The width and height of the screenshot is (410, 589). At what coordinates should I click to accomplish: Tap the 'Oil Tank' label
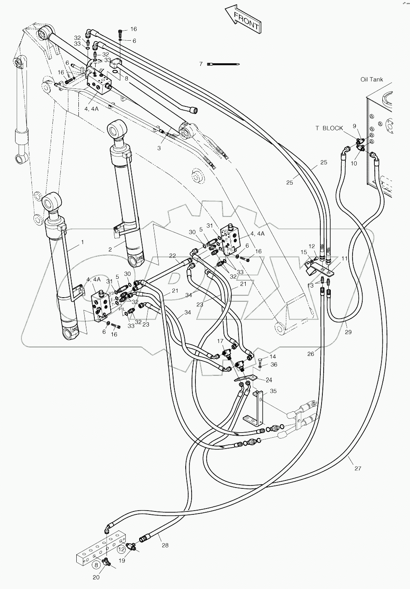(371, 79)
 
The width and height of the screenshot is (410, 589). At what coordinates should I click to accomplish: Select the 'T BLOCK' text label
(329, 128)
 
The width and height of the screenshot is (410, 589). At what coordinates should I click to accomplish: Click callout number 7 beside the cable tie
(201, 64)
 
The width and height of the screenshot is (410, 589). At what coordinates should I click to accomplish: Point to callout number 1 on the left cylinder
(82, 242)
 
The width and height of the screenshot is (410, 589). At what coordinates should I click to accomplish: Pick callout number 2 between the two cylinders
(110, 249)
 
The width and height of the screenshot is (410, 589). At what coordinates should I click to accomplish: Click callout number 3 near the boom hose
(159, 148)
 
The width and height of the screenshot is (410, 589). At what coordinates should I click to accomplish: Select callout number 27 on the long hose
(357, 468)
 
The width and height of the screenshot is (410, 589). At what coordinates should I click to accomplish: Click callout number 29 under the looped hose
(348, 332)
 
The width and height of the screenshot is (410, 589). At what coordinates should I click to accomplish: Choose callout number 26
(310, 354)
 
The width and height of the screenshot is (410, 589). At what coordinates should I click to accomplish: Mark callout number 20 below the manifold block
(96, 577)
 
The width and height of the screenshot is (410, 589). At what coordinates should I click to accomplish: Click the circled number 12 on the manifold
(121, 548)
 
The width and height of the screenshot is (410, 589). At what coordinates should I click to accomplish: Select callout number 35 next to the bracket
(273, 391)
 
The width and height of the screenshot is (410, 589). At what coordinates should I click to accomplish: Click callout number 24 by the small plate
(269, 380)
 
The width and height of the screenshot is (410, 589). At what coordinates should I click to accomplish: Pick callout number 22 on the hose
(172, 256)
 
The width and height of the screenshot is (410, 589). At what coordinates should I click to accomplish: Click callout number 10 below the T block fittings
(354, 163)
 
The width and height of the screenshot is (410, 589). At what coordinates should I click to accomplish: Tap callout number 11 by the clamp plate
(344, 258)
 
